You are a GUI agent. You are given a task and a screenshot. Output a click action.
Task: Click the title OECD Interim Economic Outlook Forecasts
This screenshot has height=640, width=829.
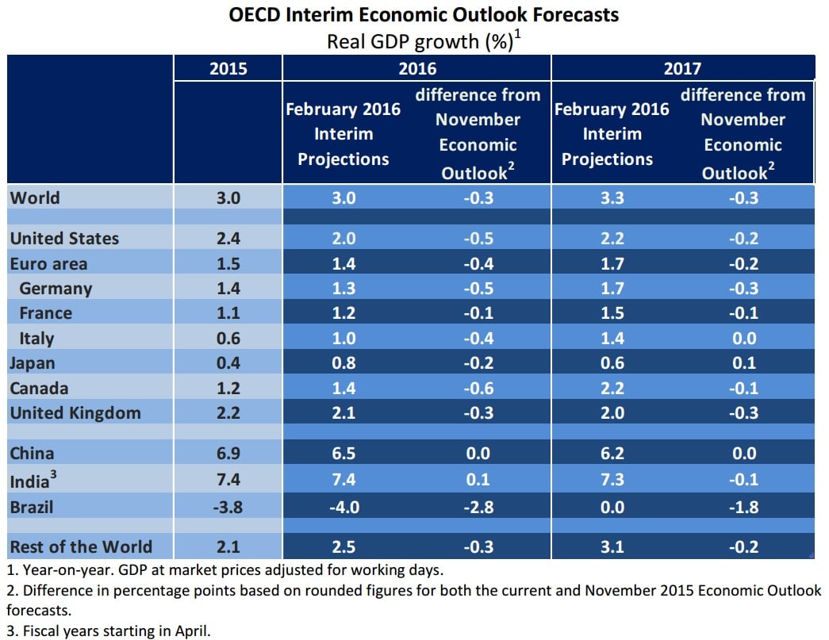(424, 14)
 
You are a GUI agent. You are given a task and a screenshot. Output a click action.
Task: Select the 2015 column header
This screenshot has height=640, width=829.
(228, 68)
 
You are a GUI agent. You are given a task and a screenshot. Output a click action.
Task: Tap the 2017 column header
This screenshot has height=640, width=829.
(682, 68)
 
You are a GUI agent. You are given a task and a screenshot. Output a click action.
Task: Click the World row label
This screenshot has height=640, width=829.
(35, 197)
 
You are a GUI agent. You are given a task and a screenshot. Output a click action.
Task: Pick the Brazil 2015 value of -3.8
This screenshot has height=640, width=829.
(228, 506)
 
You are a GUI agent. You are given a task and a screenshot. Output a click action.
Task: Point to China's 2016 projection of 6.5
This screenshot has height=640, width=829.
(343, 454)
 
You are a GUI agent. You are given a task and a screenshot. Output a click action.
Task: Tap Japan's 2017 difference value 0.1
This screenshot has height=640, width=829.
(743, 362)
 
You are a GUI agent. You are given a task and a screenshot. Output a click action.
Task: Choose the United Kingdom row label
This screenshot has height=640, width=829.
(75, 412)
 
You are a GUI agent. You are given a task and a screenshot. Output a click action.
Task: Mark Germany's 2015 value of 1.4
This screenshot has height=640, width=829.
(228, 288)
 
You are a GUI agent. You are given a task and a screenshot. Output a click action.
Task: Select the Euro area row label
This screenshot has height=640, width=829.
(48, 263)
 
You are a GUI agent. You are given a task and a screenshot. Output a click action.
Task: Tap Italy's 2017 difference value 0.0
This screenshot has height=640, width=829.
(743, 338)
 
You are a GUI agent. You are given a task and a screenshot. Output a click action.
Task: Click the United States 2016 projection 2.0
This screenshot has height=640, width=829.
(343, 238)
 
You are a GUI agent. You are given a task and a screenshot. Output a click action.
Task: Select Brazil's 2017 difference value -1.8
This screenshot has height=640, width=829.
(743, 506)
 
